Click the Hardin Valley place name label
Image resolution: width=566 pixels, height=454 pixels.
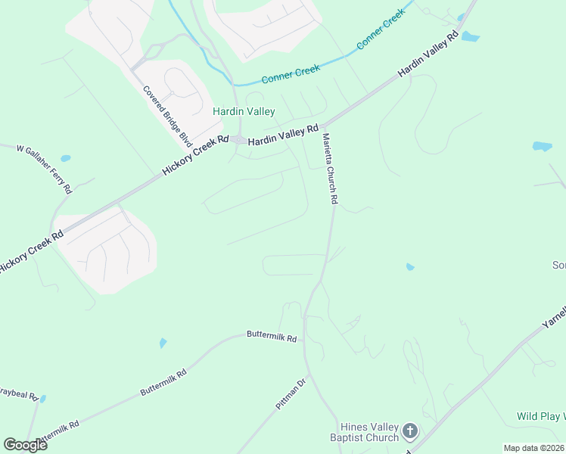click(x=243, y=111)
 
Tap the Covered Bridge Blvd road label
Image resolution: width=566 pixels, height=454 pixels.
click(x=167, y=115)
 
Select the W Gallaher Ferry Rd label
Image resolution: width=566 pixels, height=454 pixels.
click(x=45, y=167)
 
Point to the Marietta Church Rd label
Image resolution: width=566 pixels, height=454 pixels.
click(x=329, y=169)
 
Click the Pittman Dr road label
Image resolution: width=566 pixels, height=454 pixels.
click(x=290, y=396)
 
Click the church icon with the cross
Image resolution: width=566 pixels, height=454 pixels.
click(x=410, y=432)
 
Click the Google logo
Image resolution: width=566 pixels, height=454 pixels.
click(x=26, y=444)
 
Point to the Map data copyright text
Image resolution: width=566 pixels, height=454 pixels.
click(x=534, y=448)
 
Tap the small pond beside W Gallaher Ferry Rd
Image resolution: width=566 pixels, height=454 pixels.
click(x=66, y=159)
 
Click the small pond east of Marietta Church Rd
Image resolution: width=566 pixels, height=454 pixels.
click(x=409, y=266)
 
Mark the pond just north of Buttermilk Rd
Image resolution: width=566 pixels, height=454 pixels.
click(x=163, y=344)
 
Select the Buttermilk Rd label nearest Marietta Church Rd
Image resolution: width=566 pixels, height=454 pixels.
click(x=271, y=337)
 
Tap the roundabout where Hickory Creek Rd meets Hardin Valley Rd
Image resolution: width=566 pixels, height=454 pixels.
click(x=239, y=140)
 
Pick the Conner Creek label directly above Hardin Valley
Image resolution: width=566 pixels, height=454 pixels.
click(x=291, y=73)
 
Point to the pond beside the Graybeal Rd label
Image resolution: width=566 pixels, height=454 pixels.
click(x=43, y=398)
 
